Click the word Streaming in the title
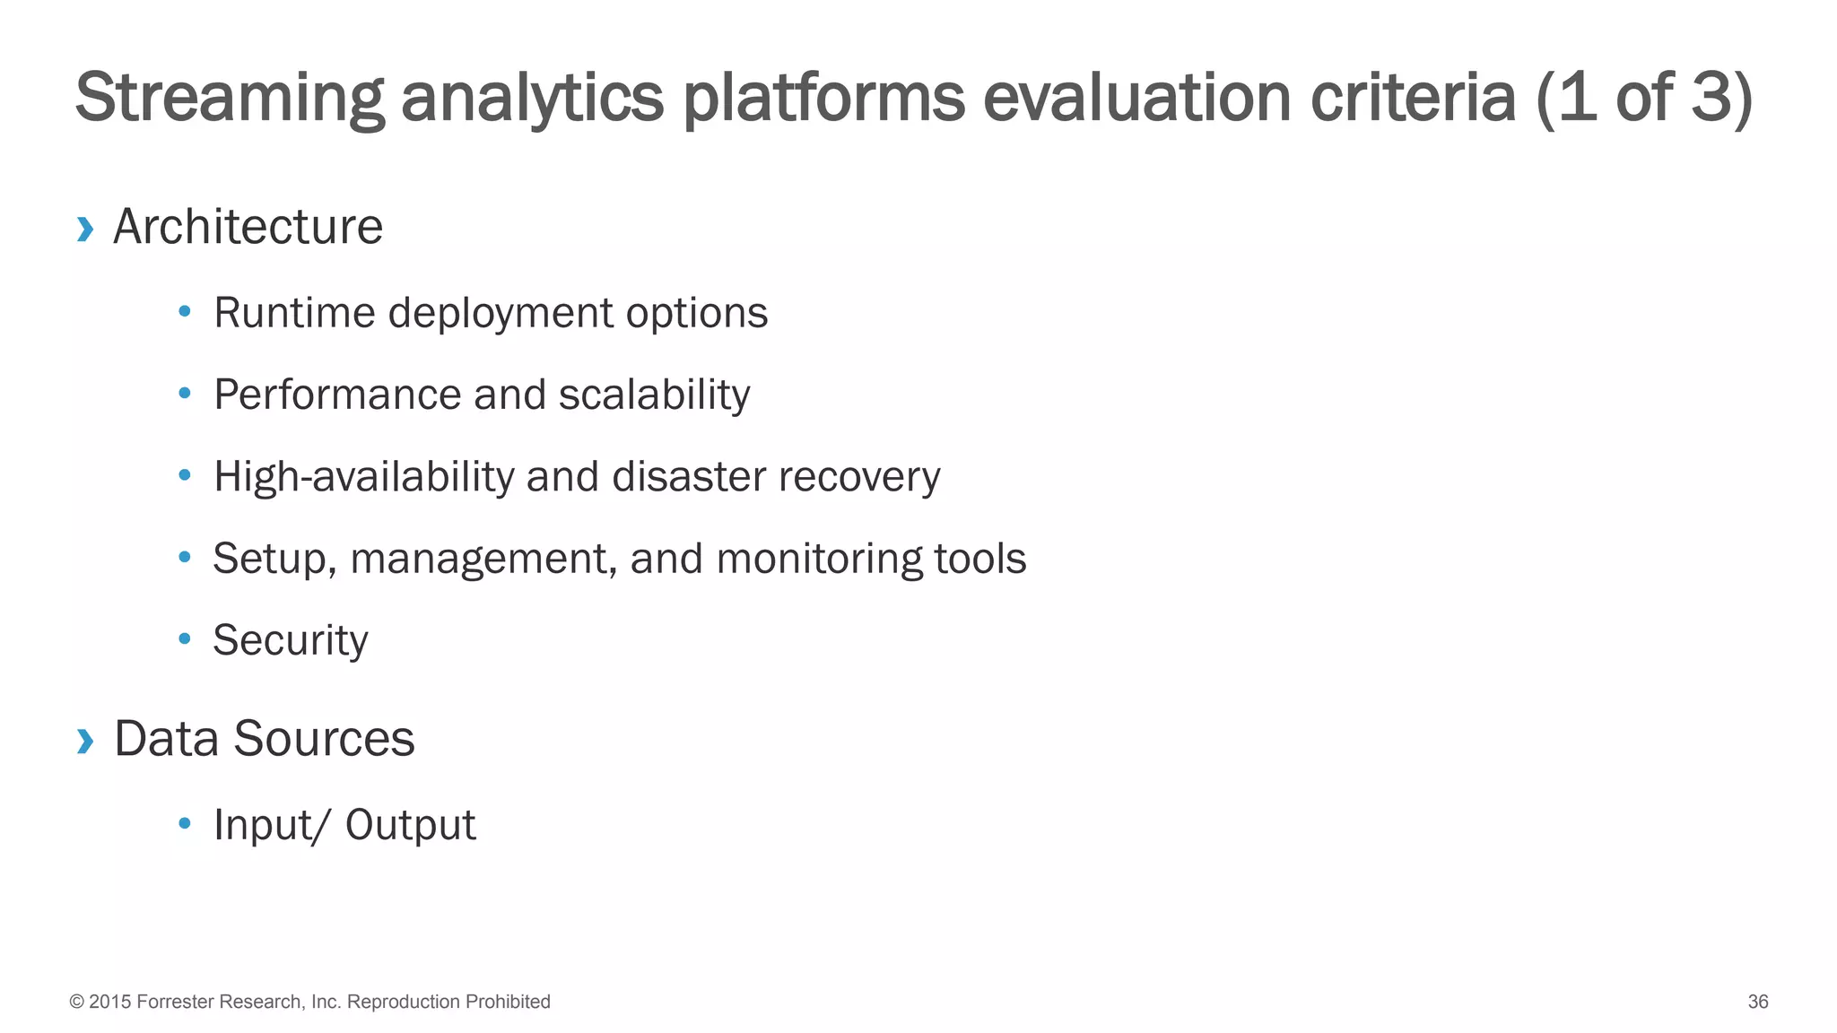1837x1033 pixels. pos(230,99)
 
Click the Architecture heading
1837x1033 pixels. pos(248,227)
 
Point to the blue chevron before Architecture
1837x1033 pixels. pos(85,230)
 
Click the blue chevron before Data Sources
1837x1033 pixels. pos(85,742)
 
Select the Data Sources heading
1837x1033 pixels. pos(265,739)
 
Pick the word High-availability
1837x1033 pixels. pos(363,477)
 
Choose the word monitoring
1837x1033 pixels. pos(818,559)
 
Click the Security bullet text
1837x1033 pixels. pos(291,641)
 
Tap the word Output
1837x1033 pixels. pos(410,825)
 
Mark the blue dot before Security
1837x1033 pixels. pos(185,638)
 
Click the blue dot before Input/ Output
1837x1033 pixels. pos(185,822)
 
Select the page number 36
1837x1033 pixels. pos(1757,1002)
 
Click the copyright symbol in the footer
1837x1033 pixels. pos(77,1002)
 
